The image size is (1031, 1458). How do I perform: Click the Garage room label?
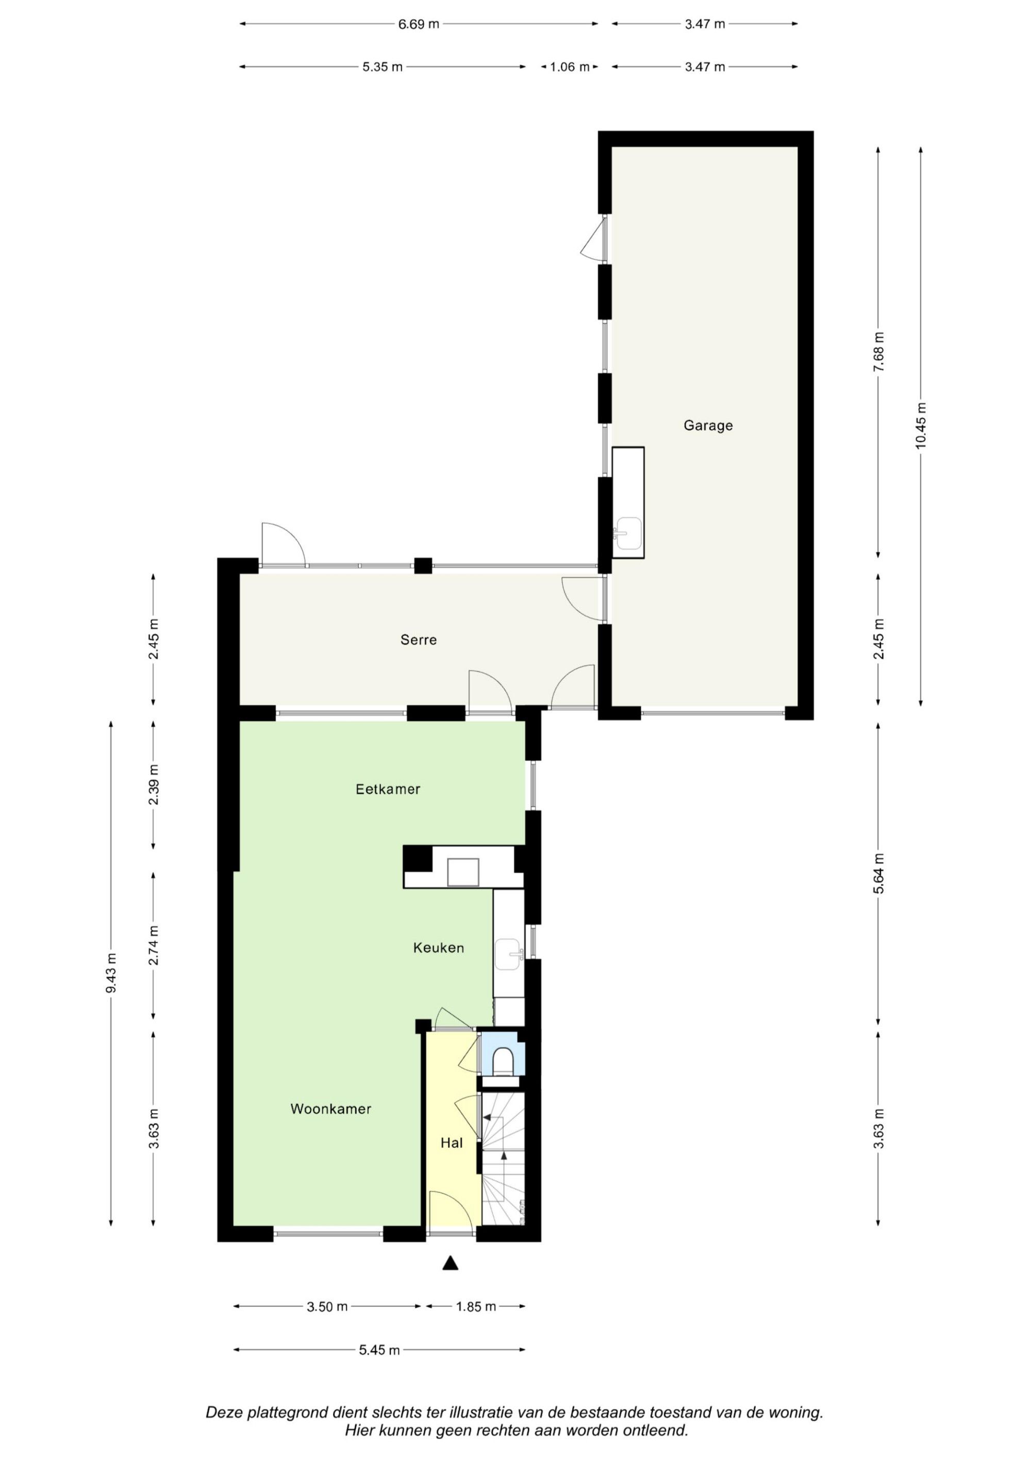pos(708,426)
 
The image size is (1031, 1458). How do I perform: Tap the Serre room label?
pos(419,640)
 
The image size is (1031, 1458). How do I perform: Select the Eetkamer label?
pos(388,790)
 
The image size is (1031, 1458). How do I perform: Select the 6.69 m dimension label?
pos(418,25)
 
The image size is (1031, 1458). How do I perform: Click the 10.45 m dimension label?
pos(921,426)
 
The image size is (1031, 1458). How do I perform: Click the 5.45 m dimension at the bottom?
pos(379,1351)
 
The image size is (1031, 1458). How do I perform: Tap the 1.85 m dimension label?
pos(476,1307)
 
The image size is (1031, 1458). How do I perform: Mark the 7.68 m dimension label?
pos(878,352)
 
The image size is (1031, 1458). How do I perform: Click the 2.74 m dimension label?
pos(154,945)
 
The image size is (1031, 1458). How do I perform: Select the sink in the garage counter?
pos(628,532)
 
